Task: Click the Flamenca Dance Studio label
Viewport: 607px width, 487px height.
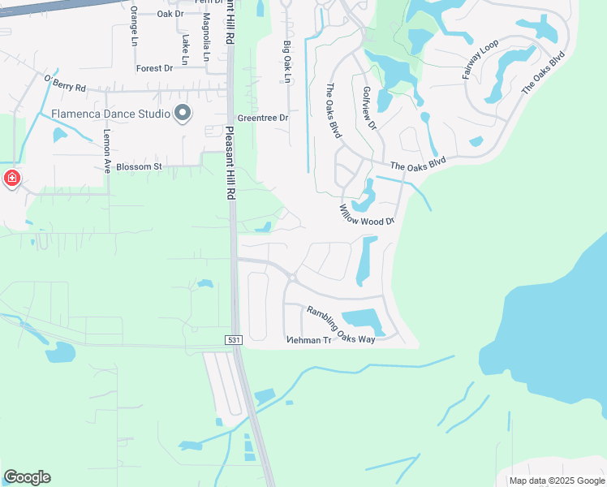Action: [x=110, y=113]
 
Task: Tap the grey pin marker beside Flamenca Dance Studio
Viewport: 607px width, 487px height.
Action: [x=183, y=113]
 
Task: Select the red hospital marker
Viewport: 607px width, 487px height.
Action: [x=12, y=179]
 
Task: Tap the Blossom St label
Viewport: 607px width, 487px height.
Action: [x=140, y=166]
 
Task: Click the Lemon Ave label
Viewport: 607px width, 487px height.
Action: [x=106, y=152]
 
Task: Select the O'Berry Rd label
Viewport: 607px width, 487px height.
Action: [x=65, y=84]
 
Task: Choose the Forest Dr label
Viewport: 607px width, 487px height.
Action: [x=154, y=68]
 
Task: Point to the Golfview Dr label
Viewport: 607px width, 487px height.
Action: [x=369, y=108]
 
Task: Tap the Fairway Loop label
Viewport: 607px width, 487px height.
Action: [x=480, y=59]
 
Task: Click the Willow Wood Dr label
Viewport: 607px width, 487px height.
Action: [x=367, y=215]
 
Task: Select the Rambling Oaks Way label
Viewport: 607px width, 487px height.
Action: [x=341, y=324]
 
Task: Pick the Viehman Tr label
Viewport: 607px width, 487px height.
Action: [x=309, y=340]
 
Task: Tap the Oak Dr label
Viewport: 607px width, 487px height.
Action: [x=170, y=14]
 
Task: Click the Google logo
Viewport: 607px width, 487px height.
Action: [x=27, y=477]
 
